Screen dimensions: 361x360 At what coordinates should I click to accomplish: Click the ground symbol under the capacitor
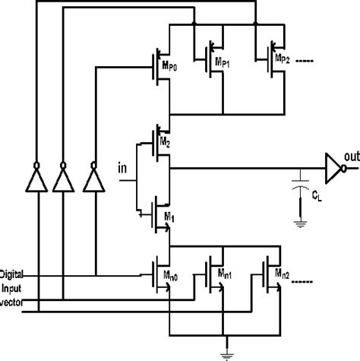302,224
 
